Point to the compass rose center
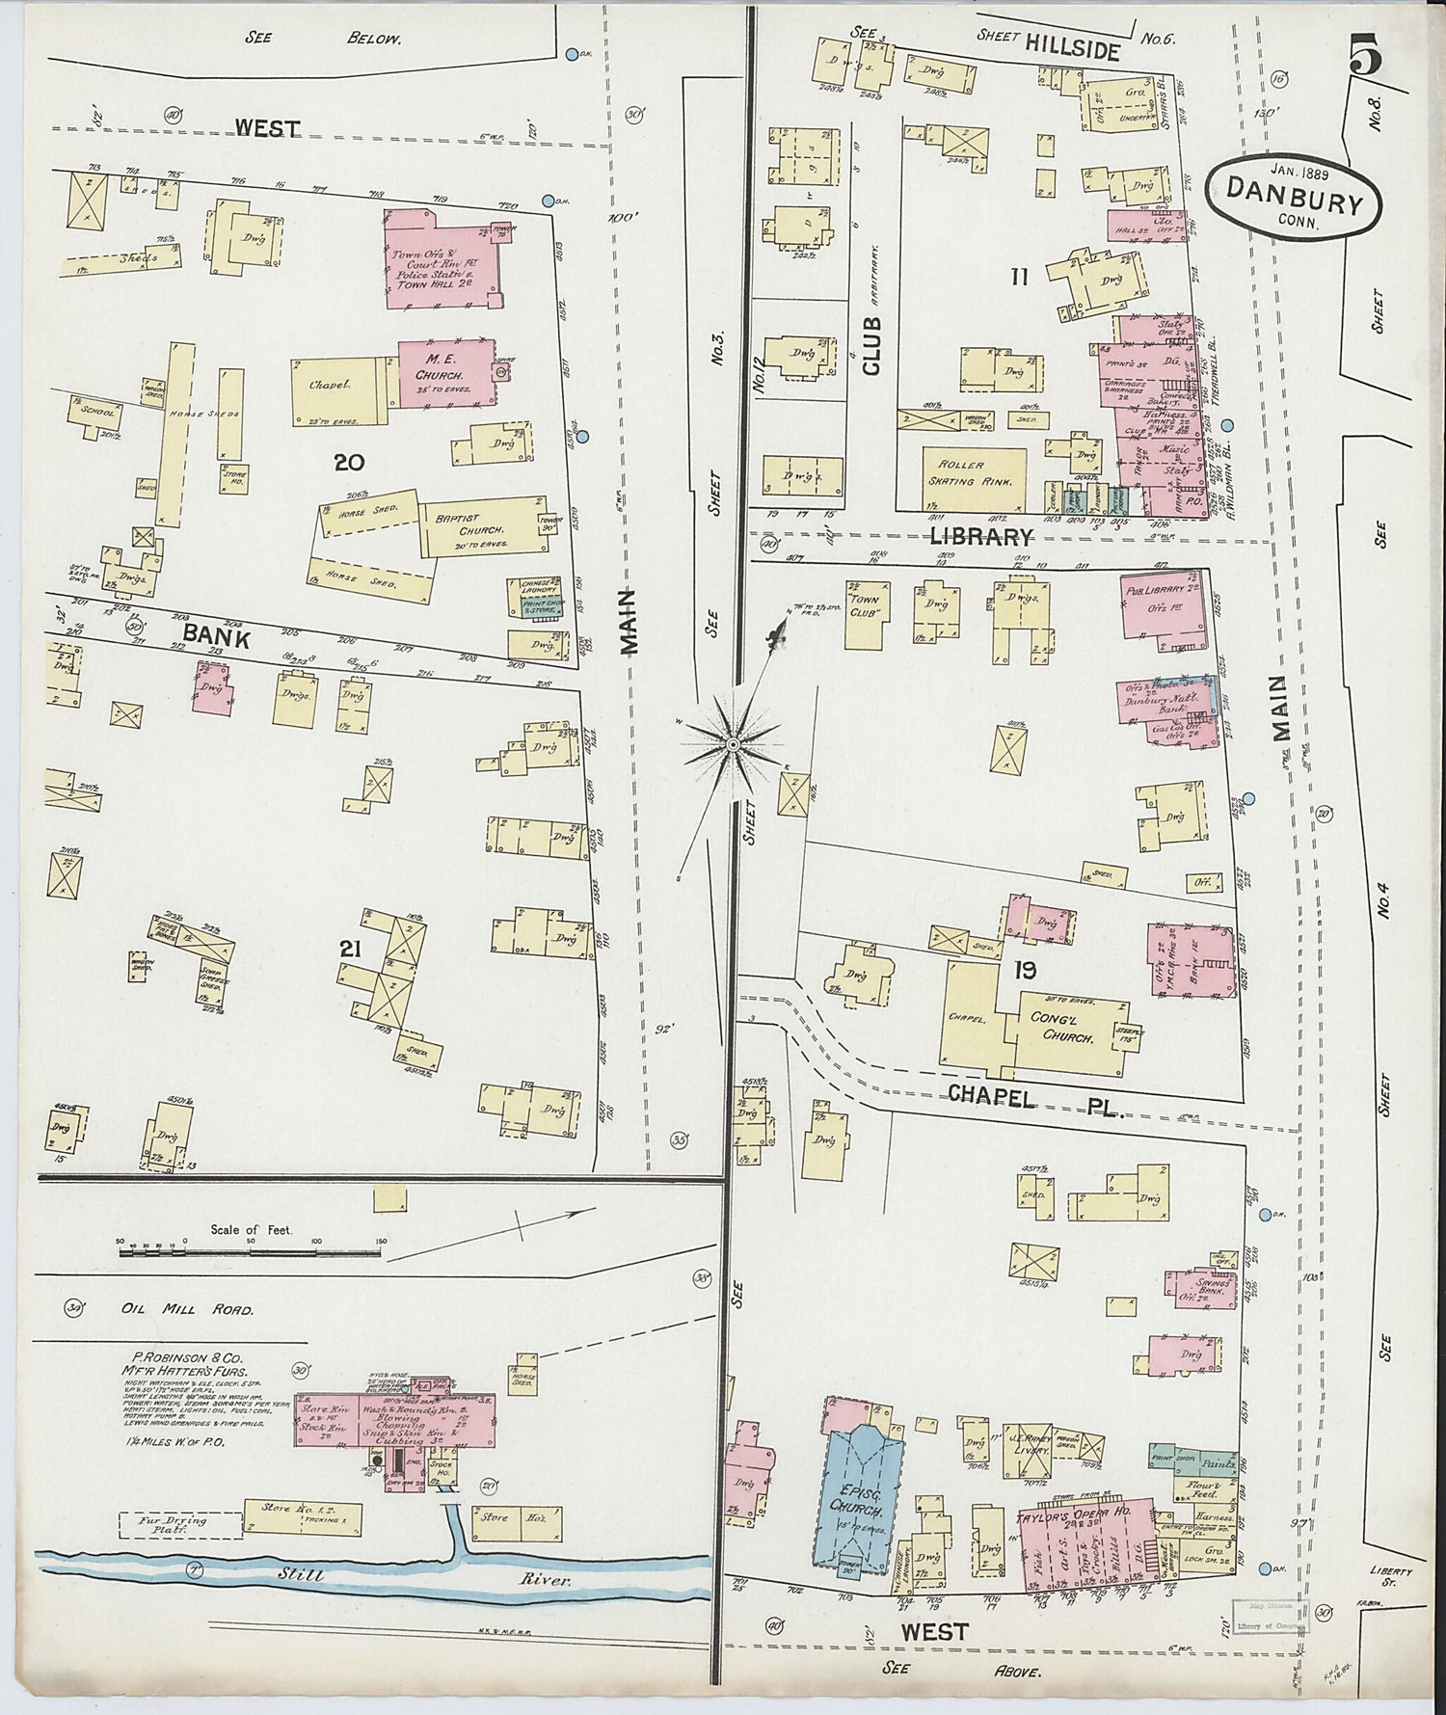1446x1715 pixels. tap(733, 745)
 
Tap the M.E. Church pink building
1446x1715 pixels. tap(445, 372)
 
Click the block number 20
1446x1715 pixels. tap(348, 462)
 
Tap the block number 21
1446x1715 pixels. tap(349, 950)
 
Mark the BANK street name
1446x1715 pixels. tap(216, 636)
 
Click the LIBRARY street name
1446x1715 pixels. tap(981, 537)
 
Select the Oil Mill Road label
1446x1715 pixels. tap(187, 1310)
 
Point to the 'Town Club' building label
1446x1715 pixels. tap(865, 604)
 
